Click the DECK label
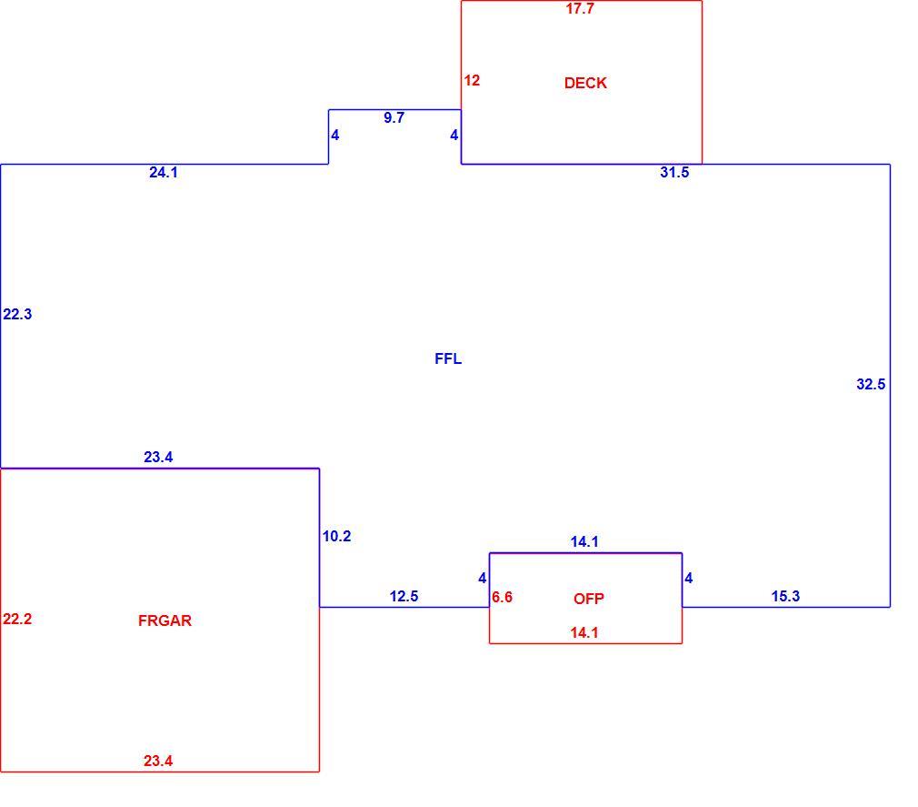click(x=585, y=83)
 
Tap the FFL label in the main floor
click(x=448, y=358)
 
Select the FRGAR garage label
click(x=165, y=620)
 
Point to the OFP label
click(x=588, y=599)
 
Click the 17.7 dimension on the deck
click(x=580, y=9)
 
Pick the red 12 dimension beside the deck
click(x=472, y=80)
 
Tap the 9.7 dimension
click(x=394, y=117)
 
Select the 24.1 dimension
click(x=164, y=172)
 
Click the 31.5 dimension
click(x=674, y=172)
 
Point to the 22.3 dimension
click(x=17, y=314)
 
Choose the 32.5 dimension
click(x=871, y=385)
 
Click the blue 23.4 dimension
click(x=158, y=457)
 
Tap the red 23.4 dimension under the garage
click(x=158, y=761)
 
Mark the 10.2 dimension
click(x=336, y=536)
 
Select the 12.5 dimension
click(x=404, y=596)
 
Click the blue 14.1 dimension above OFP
click(x=584, y=542)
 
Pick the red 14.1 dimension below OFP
click(x=584, y=633)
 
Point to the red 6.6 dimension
click(x=502, y=597)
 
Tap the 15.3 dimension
click(x=785, y=596)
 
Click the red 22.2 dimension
click(x=17, y=619)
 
